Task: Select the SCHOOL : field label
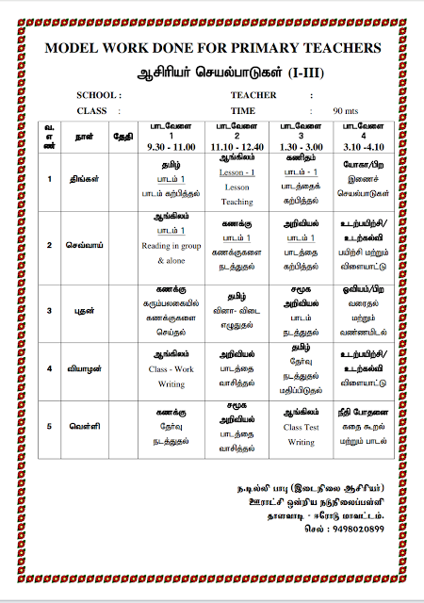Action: (98, 95)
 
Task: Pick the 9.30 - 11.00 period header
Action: (171, 148)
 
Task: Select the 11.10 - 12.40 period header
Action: (237, 148)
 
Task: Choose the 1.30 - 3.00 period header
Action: (302, 148)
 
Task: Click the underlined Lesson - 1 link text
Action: (237, 174)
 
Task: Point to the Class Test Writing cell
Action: (302, 432)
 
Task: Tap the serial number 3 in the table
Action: (48, 309)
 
